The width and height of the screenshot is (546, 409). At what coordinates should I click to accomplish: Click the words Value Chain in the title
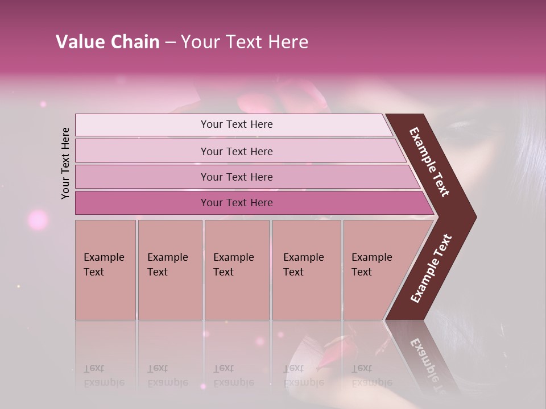point(107,42)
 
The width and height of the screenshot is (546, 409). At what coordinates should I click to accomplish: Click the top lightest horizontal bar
point(233,124)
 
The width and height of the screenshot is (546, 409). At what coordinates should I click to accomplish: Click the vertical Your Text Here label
point(65,163)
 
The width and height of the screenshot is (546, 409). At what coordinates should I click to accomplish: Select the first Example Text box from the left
point(105,270)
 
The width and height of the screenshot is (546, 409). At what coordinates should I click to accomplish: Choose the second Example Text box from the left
point(170,270)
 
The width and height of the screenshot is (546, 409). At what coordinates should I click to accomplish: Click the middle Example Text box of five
point(237,270)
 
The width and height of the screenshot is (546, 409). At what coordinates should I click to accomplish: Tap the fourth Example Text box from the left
point(307,270)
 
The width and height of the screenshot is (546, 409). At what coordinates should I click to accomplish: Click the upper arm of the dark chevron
point(430,162)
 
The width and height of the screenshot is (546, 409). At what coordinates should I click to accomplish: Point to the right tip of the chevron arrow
point(473,217)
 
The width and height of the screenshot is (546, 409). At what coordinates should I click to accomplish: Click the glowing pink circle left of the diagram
point(38,219)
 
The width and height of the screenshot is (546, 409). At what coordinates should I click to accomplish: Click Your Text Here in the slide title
point(245,42)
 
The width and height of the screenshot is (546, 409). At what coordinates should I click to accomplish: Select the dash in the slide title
point(170,42)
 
